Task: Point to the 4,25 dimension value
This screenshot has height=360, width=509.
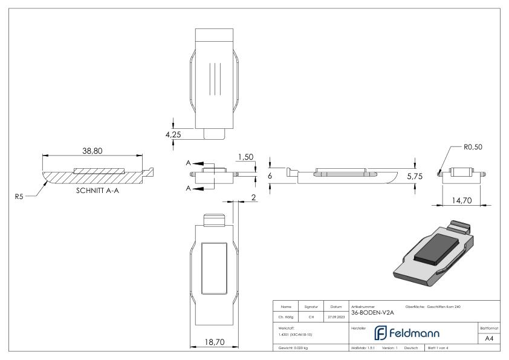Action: (x=173, y=134)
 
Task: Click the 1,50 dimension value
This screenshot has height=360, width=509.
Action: (x=245, y=157)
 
